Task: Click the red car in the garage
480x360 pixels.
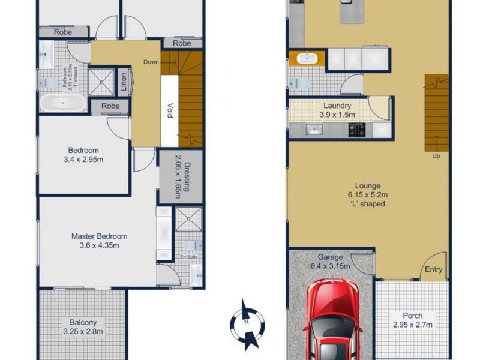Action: point(333,321)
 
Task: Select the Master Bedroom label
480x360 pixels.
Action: point(99,241)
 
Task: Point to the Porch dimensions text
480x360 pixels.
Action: point(412,325)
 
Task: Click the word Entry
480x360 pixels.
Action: point(434,269)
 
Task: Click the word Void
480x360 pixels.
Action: point(170,112)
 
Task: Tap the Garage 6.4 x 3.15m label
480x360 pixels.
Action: point(330,262)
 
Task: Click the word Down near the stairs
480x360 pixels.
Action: point(151,62)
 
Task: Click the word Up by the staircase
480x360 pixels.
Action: point(436,157)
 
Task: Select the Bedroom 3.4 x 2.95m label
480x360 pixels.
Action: point(83,155)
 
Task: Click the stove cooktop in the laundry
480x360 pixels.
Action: point(357,129)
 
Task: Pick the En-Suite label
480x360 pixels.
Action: point(189,257)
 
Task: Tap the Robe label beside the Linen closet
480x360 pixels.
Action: point(110,106)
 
